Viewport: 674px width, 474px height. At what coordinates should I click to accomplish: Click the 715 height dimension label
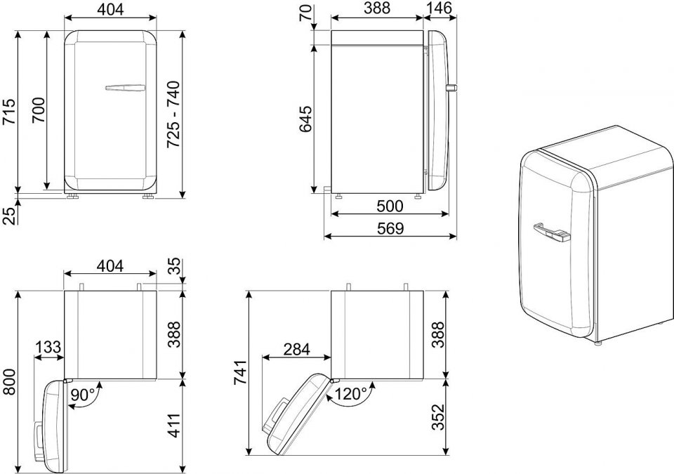pyautogui.click(x=9, y=111)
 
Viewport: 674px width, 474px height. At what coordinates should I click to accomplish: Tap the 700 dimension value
pyautogui.click(x=39, y=110)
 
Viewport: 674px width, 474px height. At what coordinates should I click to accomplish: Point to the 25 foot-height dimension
pyautogui.click(x=9, y=214)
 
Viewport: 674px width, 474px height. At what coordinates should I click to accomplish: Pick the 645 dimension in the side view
pyautogui.click(x=305, y=118)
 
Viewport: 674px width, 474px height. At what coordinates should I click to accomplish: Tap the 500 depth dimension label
pyautogui.click(x=390, y=206)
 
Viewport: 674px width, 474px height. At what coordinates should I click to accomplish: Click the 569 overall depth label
pyautogui.click(x=390, y=228)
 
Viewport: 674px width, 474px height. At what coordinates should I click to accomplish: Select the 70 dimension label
pyautogui.click(x=305, y=13)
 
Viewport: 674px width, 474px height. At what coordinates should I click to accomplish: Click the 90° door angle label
pyautogui.click(x=83, y=395)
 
